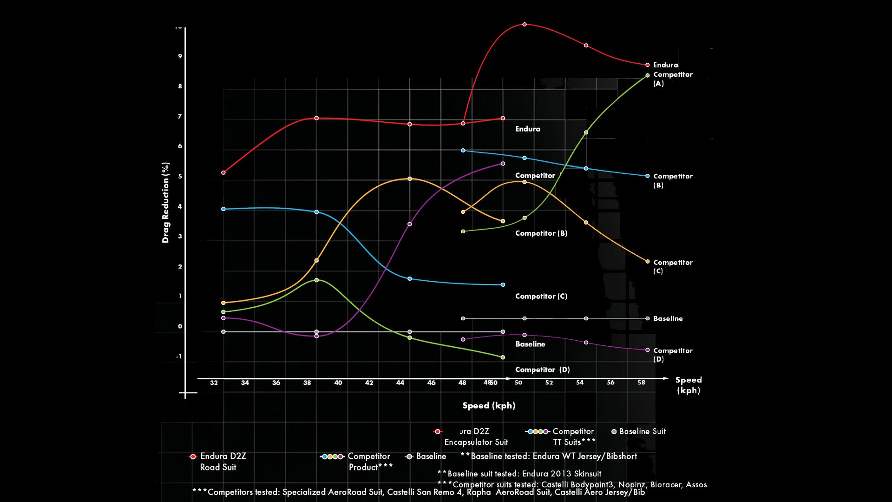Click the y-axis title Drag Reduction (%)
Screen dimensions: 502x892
tap(165, 203)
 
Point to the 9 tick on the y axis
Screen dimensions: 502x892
tap(180, 56)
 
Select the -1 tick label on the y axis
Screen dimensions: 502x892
tap(179, 357)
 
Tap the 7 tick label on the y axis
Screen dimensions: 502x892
tap(180, 116)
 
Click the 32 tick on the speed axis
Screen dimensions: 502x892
tap(214, 383)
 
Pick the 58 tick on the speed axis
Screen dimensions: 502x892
tap(641, 383)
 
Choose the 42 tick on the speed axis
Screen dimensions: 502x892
tap(369, 383)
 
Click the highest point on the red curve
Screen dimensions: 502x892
tap(525, 24)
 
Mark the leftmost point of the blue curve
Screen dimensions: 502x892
tap(223, 209)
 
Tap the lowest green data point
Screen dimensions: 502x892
tap(503, 357)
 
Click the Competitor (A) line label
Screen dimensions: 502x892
tap(672, 79)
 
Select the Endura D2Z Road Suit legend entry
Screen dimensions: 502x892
tap(218, 462)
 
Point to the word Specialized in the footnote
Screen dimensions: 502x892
tap(304, 492)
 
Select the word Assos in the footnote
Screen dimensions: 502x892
tap(696, 484)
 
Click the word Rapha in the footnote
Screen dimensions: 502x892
tap(479, 492)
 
